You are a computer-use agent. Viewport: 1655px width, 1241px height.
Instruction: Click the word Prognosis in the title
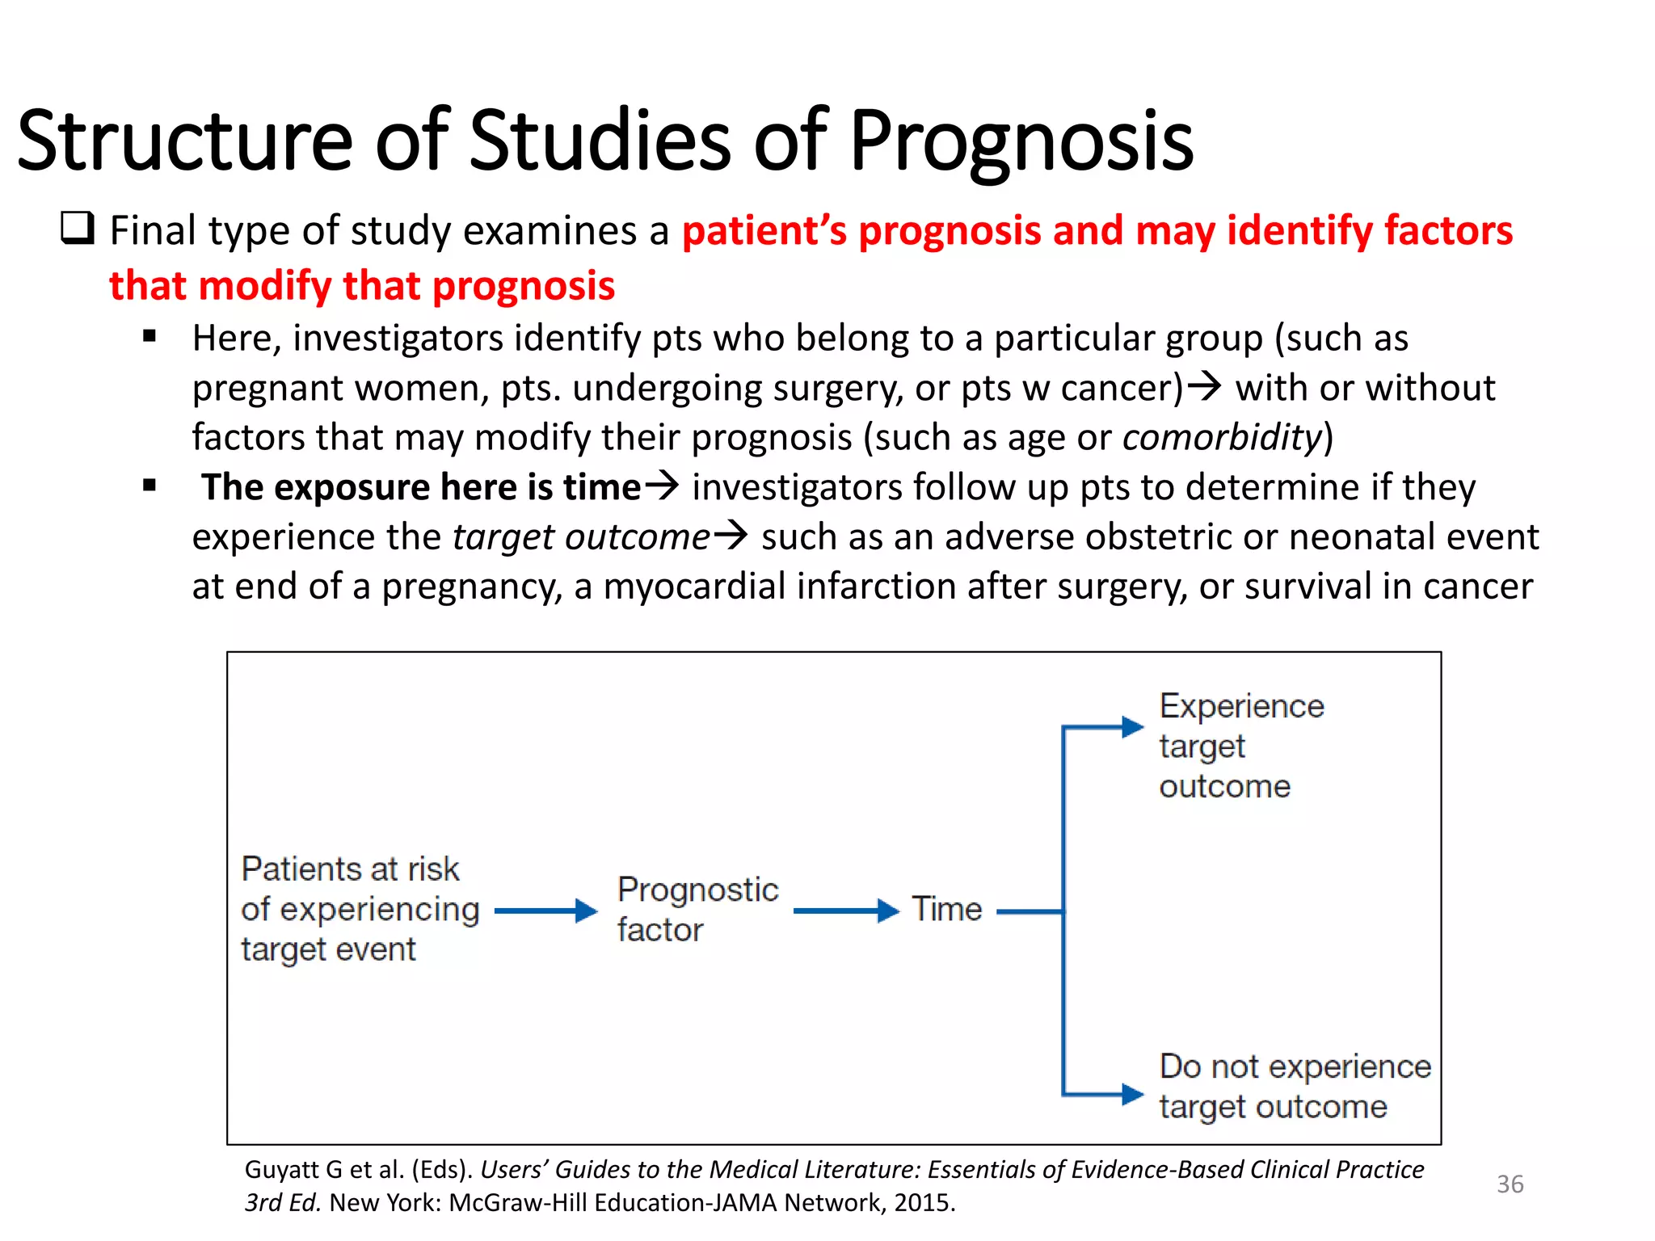click(x=1021, y=142)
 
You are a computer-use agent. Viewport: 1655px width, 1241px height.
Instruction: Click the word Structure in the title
click(x=184, y=142)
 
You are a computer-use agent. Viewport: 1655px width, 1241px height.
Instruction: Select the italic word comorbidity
click(x=1222, y=437)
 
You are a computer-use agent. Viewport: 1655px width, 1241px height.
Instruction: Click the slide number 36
click(x=1510, y=1184)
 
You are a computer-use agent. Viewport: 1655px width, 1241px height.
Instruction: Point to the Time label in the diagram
click(x=946, y=910)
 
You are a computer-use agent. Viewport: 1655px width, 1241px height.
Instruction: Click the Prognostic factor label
click(x=697, y=910)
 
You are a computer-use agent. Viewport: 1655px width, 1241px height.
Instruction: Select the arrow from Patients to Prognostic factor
click(x=545, y=911)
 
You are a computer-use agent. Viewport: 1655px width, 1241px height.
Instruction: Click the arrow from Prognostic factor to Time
click(x=845, y=911)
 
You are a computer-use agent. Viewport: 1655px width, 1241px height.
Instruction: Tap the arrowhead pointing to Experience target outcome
click(x=1131, y=727)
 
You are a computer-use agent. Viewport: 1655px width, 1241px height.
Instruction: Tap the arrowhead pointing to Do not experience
click(x=1131, y=1095)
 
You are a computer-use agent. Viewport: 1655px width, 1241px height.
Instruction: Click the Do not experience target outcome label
click(x=1294, y=1086)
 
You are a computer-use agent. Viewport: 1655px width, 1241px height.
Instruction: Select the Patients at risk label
click(x=360, y=910)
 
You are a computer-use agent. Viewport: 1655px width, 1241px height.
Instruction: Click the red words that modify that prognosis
click(x=362, y=286)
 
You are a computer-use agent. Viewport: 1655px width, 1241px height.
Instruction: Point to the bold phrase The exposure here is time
click(x=420, y=487)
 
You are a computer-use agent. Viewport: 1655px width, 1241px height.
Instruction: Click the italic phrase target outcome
click(x=580, y=537)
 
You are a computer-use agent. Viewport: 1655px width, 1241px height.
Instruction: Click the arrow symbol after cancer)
click(x=1204, y=386)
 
